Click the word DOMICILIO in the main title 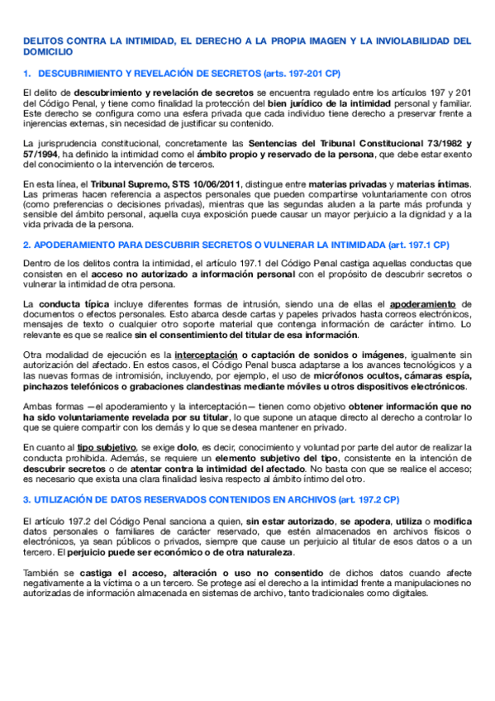point(47,50)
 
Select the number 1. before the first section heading point(26,72)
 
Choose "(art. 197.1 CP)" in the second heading point(411,245)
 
